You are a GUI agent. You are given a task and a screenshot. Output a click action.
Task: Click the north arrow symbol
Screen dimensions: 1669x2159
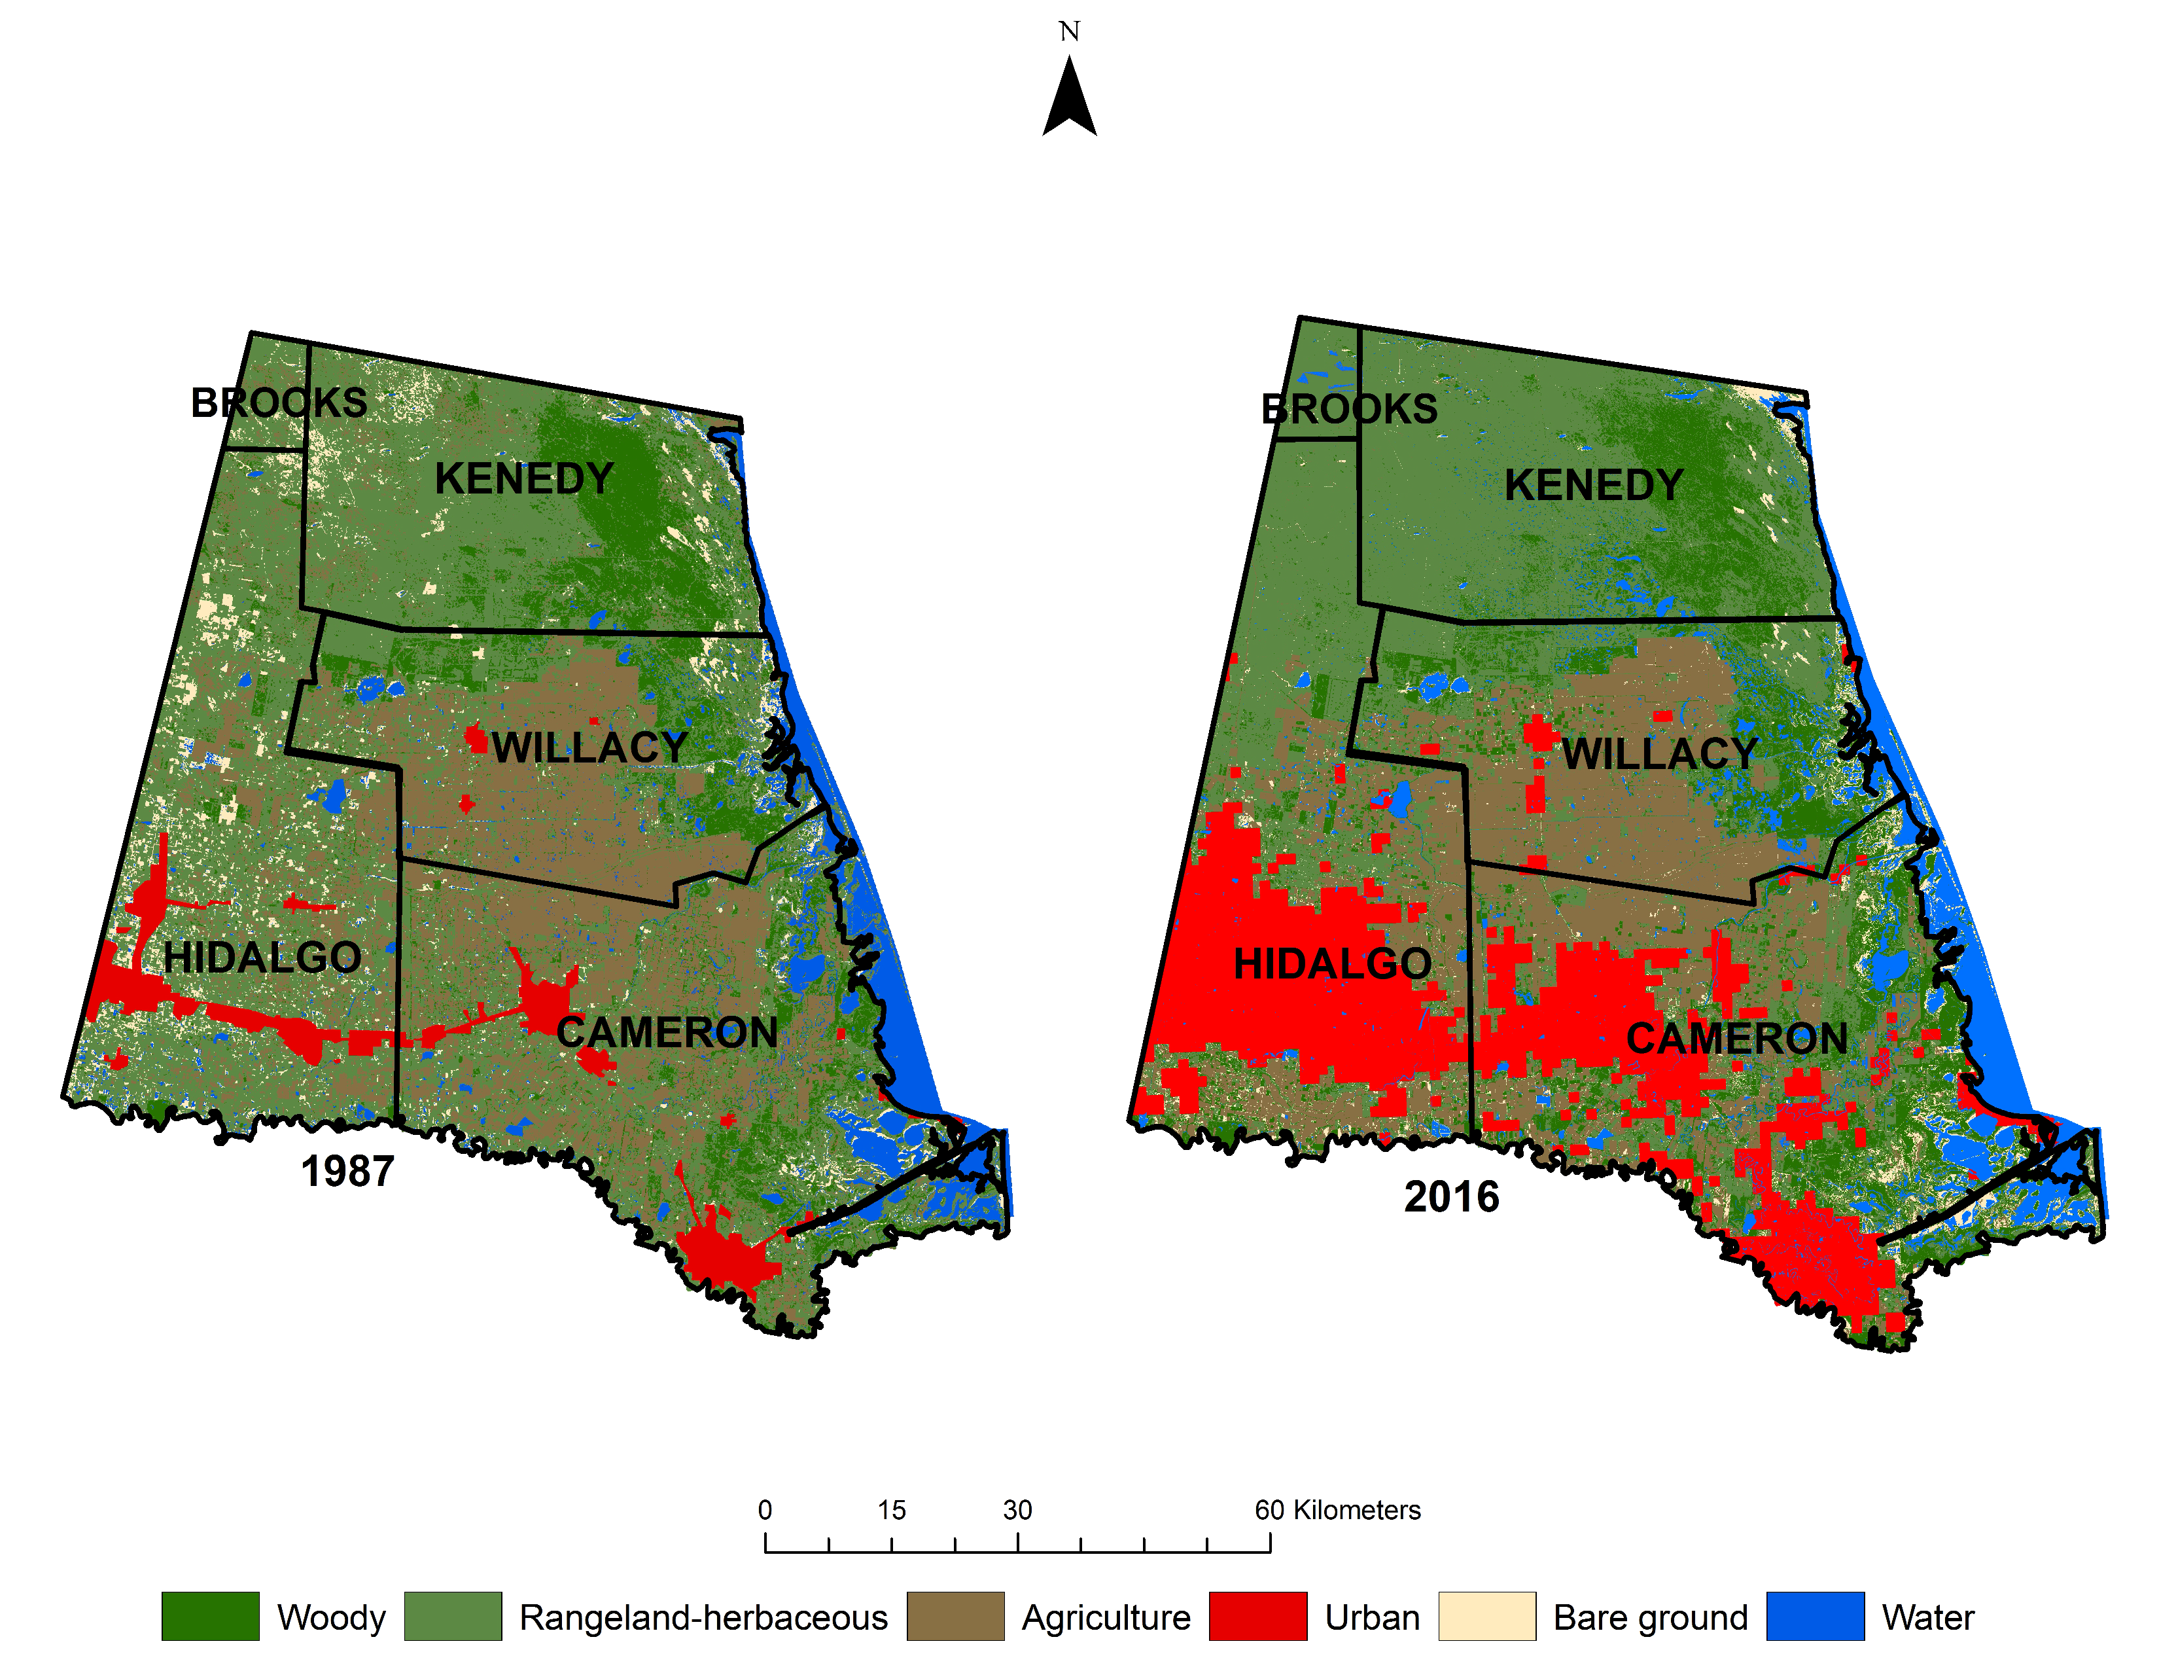pos(1070,99)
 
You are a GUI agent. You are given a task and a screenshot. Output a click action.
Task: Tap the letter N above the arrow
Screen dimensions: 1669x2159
pos(1068,31)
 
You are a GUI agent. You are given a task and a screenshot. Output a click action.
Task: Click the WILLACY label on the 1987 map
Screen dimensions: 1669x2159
pos(589,747)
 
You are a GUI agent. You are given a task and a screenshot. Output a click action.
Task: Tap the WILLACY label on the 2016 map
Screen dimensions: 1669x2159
pos(1660,753)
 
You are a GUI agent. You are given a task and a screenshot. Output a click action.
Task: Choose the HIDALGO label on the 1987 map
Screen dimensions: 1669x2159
pos(263,957)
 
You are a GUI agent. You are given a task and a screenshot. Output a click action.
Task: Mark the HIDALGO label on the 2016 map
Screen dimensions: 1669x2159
pos(1333,963)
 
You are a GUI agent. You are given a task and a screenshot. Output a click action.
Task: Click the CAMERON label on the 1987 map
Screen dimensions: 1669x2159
pos(667,1032)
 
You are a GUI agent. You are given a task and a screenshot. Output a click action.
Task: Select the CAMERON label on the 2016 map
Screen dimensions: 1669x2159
pos(1737,1038)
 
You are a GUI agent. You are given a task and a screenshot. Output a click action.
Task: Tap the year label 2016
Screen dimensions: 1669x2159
pos(1451,1197)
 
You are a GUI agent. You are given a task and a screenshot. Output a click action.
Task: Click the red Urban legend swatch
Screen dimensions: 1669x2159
pos(1257,1617)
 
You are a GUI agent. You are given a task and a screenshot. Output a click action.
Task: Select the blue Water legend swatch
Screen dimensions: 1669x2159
pos(1815,1617)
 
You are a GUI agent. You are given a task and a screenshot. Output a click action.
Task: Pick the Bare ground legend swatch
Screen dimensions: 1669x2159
pos(1487,1617)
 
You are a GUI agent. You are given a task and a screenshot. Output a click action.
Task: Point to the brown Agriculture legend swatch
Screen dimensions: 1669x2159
pos(955,1617)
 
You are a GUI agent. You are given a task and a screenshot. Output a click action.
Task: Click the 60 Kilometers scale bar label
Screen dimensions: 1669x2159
pos(1337,1510)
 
